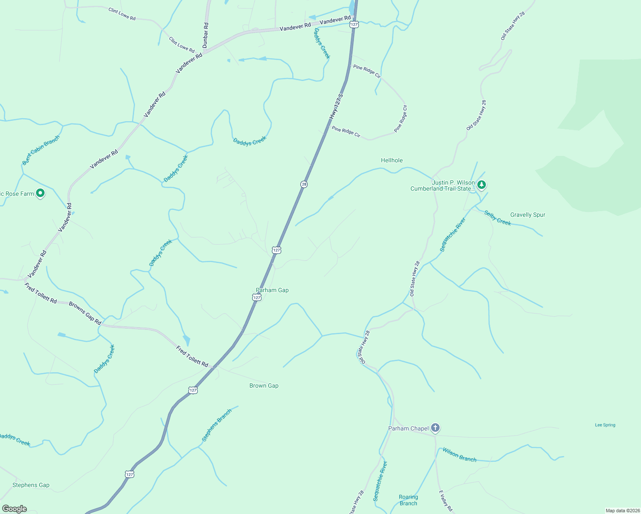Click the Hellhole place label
tap(392, 160)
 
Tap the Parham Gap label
tap(272, 290)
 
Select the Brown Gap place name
tap(264, 385)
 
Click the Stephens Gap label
tap(31, 485)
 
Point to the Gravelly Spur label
tap(527, 215)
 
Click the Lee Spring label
tap(605, 425)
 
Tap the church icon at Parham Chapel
tap(435, 428)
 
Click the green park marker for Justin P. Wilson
tap(482, 185)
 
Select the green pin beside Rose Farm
tap(40, 194)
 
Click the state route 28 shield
tap(304, 184)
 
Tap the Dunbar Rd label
tap(206, 35)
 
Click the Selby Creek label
tap(497, 218)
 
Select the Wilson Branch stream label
tap(459, 455)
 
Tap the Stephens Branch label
tap(217, 425)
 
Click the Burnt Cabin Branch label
tap(41, 150)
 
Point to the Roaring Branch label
tap(408, 500)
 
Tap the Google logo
tap(15, 509)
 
